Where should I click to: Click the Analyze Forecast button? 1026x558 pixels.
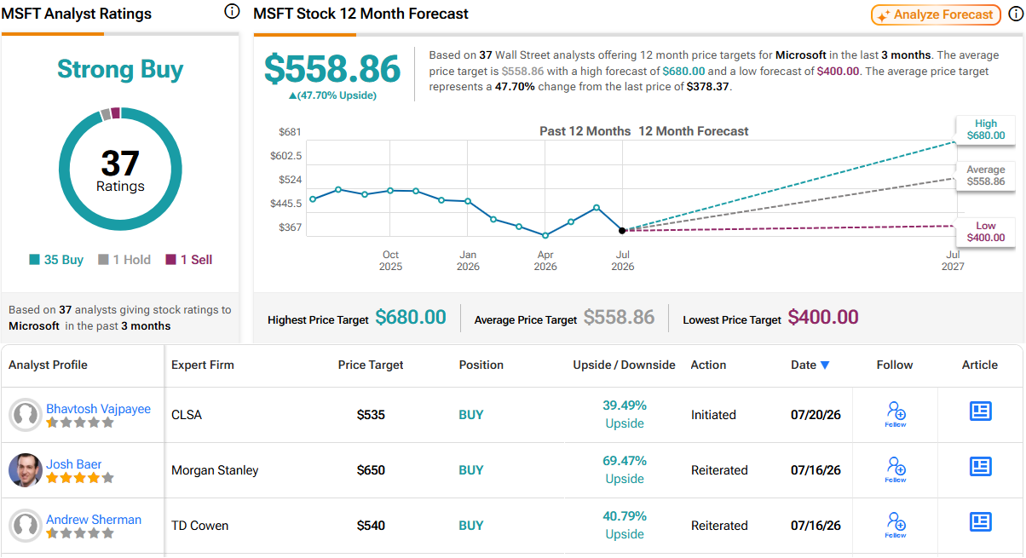tap(936, 14)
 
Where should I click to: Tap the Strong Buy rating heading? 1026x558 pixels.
tap(120, 70)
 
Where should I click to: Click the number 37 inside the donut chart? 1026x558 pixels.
tap(120, 163)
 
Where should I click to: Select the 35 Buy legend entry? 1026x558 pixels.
tap(56, 260)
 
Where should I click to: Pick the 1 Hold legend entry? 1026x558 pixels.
tap(124, 260)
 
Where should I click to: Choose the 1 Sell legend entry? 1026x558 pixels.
tap(188, 260)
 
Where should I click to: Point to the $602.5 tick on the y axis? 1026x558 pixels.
tap(285, 156)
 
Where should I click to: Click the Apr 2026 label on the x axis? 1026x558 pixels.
tap(545, 261)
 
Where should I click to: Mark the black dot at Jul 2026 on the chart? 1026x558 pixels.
tap(622, 230)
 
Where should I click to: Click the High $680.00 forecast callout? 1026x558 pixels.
tap(985, 129)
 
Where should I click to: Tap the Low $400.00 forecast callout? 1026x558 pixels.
tap(985, 232)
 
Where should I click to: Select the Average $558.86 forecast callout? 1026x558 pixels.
tap(985, 175)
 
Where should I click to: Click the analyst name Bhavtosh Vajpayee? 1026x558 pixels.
tap(98, 408)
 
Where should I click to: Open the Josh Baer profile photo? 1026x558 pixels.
tap(26, 470)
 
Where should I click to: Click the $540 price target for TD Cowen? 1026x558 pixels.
tap(371, 526)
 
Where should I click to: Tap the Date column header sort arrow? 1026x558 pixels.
tap(825, 365)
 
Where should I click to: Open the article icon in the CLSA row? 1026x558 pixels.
tap(980, 411)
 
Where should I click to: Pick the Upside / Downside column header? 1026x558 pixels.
tap(624, 365)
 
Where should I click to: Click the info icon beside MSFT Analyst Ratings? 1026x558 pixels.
tap(232, 11)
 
